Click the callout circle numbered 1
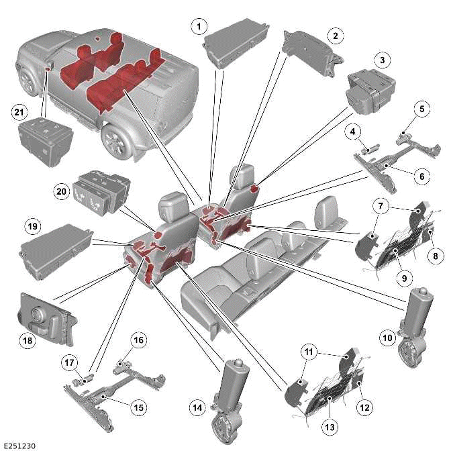point(197,27)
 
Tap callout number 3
point(382,61)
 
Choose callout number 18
point(28,341)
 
